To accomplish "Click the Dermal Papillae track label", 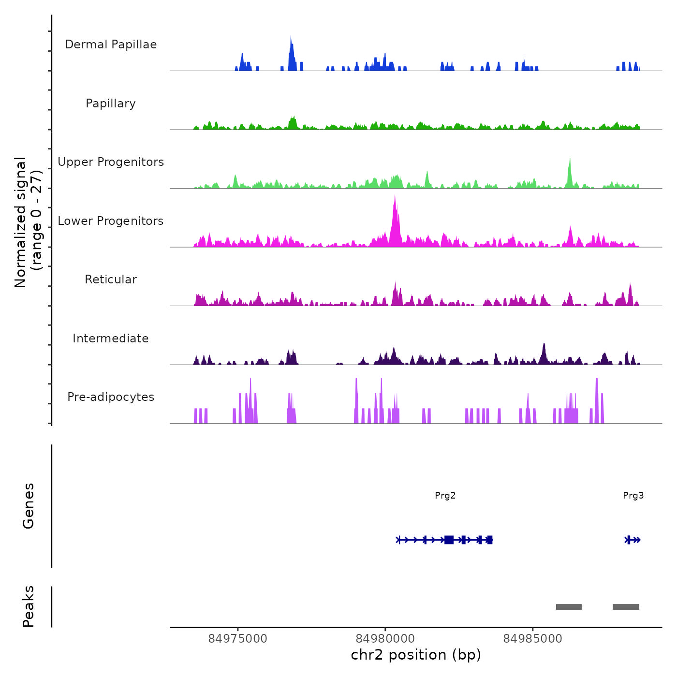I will pyautogui.click(x=111, y=44).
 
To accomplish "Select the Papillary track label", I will pyautogui.click(x=111, y=103).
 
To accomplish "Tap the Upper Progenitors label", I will pyautogui.click(x=111, y=162).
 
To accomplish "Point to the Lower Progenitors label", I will pyautogui.click(x=111, y=221).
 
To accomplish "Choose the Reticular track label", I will pyautogui.click(x=111, y=280).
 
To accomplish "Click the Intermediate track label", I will pyautogui.click(x=111, y=338).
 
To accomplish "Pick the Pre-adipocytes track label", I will pyautogui.click(x=111, y=397).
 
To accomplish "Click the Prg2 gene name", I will pyautogui.click(x=445, y=496).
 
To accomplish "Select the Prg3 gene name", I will pyautogui.click(x=633, y=496).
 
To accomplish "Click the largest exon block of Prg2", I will pyautogui.click(x=449, y=540).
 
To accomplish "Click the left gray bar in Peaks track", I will pyautogui.click(x=569, y=607).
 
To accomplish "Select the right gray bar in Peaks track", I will pyautogui.click(x=626, y=607).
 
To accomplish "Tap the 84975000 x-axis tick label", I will pyautogui.click(x=237, y=639).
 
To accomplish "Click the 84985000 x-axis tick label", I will pyautogui.click(x=532, y=639).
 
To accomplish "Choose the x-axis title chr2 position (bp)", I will pyautogui.click(x=416, y=655).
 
